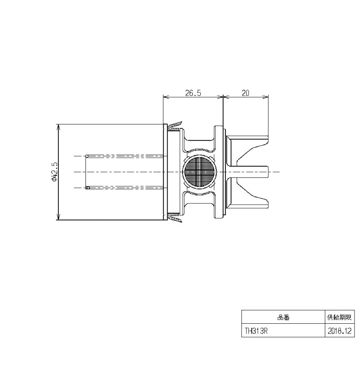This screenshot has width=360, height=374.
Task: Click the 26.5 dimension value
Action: (193, 93)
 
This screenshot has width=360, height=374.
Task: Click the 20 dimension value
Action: (245, 93)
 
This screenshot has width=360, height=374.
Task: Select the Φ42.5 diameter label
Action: (54, 172)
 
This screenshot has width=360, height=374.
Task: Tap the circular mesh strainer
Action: (199, 172)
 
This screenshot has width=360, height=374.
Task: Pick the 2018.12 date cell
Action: (340, 331)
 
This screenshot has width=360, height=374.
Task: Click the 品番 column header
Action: (283, 317)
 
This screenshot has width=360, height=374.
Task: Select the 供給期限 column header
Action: (340, 317)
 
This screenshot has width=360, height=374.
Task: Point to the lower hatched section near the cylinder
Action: (175, 218)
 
